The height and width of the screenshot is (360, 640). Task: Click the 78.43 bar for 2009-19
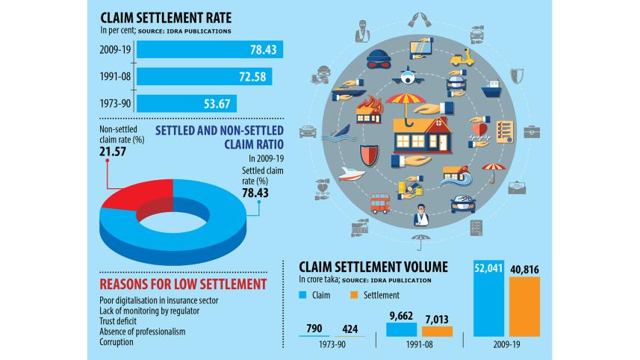point(209,50)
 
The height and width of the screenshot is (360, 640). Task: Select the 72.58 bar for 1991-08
point(204,76)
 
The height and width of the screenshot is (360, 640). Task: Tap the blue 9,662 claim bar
point(401,328)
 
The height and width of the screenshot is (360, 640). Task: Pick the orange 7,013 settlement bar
point(437,331)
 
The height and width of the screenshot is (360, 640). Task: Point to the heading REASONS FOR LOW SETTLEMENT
point(183,284)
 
